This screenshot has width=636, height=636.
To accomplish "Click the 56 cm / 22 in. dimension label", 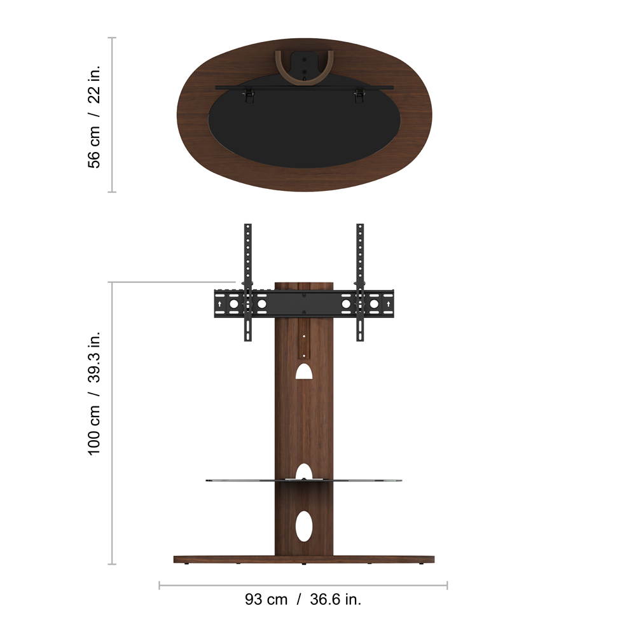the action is pos(93,117).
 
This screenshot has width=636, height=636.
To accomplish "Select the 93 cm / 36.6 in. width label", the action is pos(303,599).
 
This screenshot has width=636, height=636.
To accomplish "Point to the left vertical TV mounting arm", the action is pos(248,282).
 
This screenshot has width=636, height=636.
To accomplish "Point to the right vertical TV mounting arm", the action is pos(360,282).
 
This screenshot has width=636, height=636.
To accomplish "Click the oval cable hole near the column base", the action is pos(304,526).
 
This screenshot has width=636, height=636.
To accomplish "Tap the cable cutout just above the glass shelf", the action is pos(304,472).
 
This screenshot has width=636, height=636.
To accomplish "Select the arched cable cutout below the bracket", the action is pos(304,371).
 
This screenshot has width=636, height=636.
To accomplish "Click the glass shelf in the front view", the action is pos(304,481).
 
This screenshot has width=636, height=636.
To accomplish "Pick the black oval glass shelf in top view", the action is pos(304,130).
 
